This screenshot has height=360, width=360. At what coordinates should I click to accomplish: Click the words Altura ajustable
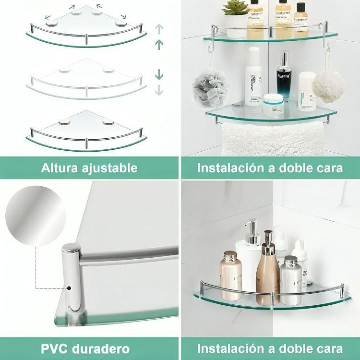pos(89,168)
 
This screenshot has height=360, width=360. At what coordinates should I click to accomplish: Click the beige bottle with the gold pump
pos(267,276)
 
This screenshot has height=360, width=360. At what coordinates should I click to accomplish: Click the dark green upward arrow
pos(158,45)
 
